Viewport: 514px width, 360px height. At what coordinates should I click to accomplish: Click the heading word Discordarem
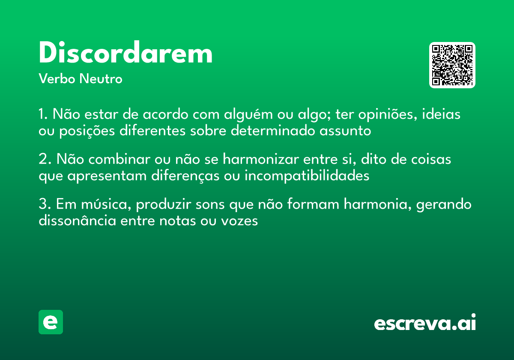tap(126, 54)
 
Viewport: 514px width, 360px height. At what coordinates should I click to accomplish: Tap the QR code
tap(452, 65)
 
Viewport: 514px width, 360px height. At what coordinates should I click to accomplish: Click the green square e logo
tap(51, 322)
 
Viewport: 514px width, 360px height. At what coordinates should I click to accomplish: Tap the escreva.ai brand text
tap(425, 323)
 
